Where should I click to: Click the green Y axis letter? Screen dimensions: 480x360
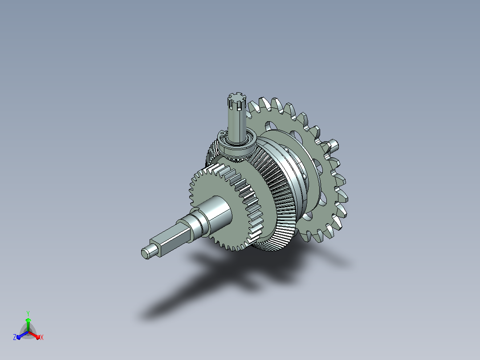point(28,313)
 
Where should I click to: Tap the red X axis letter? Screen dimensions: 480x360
point(42,337)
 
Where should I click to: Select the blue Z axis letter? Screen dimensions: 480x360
point(15,337)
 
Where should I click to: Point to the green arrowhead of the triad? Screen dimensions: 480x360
point(28,320)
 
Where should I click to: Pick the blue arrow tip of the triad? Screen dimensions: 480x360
point(19,337)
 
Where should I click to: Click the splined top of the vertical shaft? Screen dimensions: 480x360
point(237,101)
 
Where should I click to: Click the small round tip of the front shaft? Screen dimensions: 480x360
point(146,253)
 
